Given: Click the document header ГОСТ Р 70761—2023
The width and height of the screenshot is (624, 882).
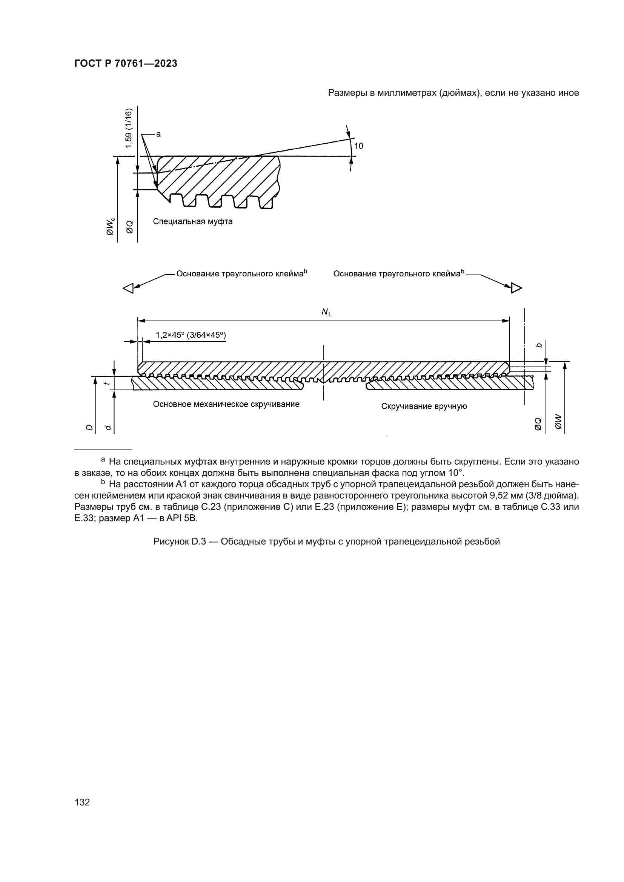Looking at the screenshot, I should pos(126,64).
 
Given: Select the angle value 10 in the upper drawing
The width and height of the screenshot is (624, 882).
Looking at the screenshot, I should pos(358,146).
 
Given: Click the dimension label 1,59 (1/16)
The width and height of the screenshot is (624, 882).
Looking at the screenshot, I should pos(128,128).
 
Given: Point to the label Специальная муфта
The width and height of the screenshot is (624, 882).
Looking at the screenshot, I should pos(192,222).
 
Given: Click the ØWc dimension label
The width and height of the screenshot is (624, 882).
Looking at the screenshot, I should pos(110,227).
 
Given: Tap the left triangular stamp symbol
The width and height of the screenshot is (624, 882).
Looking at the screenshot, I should pos(128,288).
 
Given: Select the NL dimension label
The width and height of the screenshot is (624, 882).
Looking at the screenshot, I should pos(326,312).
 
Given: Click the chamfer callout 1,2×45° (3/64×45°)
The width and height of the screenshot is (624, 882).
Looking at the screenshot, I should pos(191,335).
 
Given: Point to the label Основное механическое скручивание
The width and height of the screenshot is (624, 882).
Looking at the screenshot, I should pos(226,404).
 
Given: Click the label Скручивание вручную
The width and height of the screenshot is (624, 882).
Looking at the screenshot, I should pos(424,406).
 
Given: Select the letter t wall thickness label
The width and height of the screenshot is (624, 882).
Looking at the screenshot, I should pos(108,383).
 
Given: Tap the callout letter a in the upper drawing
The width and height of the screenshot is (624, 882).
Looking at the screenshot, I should pos(158,134).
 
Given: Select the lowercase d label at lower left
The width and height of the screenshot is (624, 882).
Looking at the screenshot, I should pos(108,428).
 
